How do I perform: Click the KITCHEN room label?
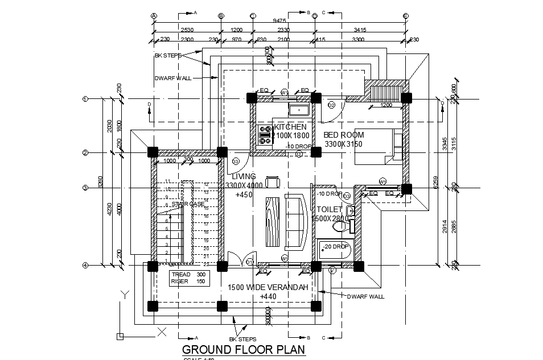(290, 127)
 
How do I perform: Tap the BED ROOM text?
(344, 135)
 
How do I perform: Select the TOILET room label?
(330, 209)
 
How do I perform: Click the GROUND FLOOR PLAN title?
(243, 349)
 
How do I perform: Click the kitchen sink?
(299, 110)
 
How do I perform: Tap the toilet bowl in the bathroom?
(341, 227)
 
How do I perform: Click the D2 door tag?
(331, 105)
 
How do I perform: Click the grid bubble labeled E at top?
(405, 16)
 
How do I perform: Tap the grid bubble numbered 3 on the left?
(85, 188)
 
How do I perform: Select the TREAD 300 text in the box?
(189, 274)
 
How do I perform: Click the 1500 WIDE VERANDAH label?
(268, 287)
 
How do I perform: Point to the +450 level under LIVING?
(244, 195)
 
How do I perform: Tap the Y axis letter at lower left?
(124, 295)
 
